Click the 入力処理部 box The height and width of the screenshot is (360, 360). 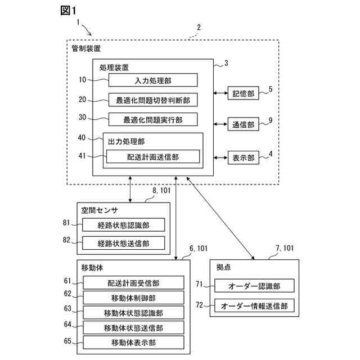[153, 80]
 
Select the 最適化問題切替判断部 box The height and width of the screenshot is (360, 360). [153, 100]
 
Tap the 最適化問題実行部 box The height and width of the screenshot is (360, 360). [153, 119]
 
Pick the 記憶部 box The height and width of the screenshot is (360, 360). [244, 94]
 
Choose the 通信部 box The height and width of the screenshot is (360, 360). [244, 125]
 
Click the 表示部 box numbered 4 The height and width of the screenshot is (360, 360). [244, 158]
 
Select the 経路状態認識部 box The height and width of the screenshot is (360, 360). [123, 225]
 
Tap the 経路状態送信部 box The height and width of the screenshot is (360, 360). [123, 243]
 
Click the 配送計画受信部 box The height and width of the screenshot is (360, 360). [133, 282]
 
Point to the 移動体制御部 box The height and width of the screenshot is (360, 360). [133, 298]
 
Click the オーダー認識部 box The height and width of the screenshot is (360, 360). [254, 286]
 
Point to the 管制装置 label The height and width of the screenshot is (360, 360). [87, 49]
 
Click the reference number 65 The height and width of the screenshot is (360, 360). [67, 341]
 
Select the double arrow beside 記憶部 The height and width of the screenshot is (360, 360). [220, 94]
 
